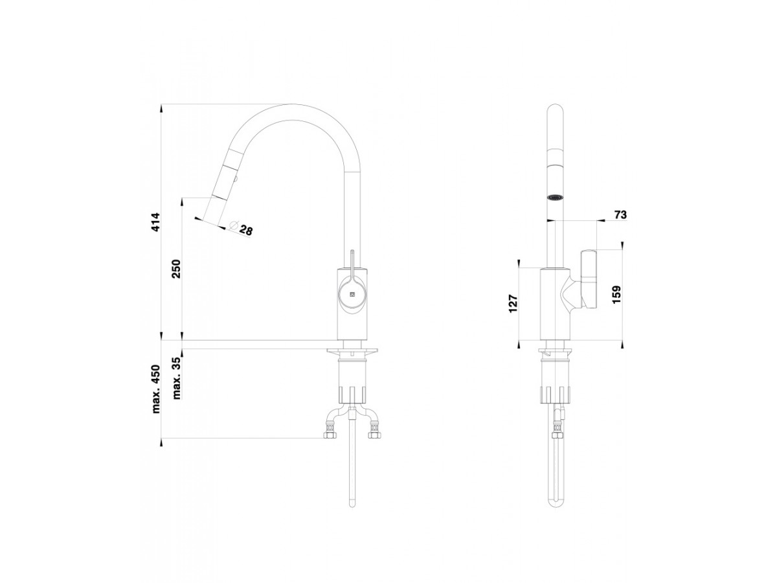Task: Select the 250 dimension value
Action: point(176,268)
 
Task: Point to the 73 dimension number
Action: point(620,215)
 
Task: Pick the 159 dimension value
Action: point(616,295)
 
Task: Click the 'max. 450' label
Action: point(156,389)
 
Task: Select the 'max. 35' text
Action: point(176,378)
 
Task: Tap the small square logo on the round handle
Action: point(352,293)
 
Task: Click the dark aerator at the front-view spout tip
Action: point(554,197)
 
